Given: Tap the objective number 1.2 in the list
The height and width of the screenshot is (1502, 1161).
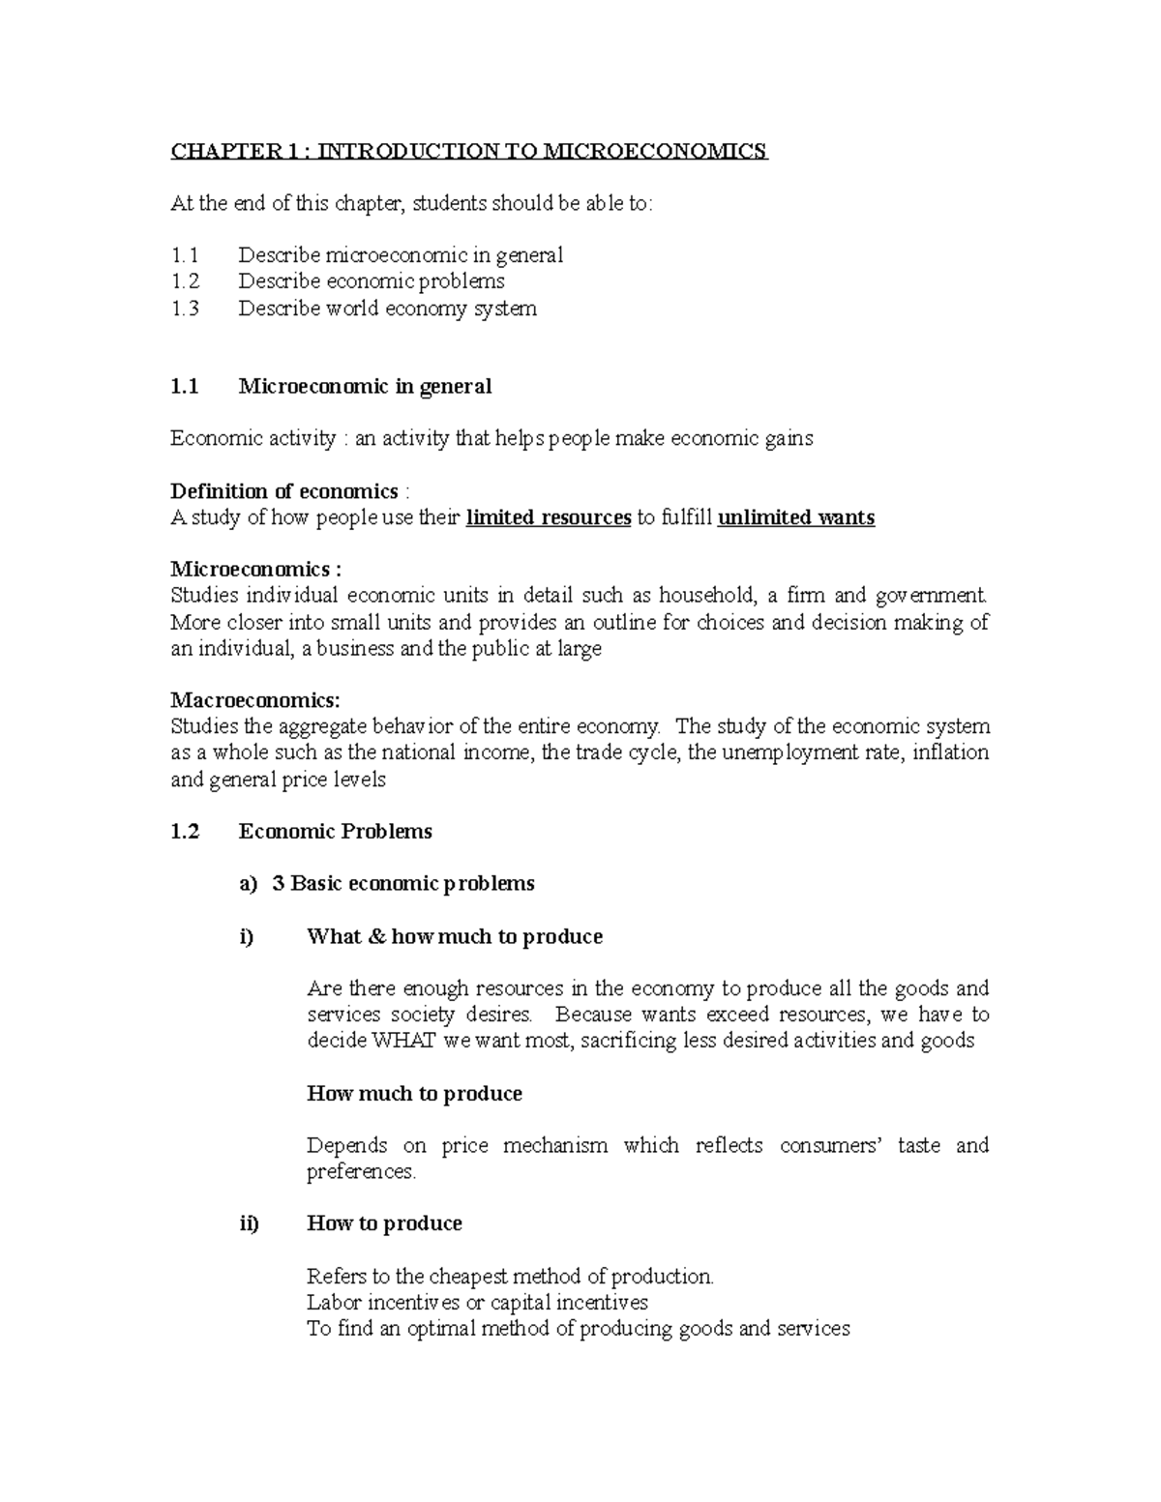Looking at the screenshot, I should (x=184, y=281).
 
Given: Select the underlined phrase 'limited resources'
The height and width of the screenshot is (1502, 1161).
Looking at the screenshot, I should (x=548, y=517).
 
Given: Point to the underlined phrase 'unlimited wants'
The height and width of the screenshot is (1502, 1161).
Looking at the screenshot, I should (x=795, y=517).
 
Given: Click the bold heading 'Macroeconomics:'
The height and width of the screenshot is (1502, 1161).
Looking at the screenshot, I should (x=255, y=699).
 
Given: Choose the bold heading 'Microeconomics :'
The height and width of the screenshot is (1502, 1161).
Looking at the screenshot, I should (x=255, y=569).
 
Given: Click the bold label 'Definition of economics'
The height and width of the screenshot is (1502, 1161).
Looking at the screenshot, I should (x=284, y=491).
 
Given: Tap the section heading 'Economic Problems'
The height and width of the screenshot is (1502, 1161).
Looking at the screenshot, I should (x=335, y=831).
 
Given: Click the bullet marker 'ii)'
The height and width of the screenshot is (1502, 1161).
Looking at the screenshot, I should (x=249, y=1223).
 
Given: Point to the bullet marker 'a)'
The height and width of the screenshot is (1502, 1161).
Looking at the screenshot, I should (x=248, y=883).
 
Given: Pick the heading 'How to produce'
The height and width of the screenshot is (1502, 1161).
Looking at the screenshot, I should (x=384, y=1223).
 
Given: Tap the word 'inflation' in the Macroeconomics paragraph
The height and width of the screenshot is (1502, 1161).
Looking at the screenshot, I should (x=950, y=752).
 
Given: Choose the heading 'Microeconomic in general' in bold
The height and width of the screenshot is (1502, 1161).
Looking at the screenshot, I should (x=365, y=387).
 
